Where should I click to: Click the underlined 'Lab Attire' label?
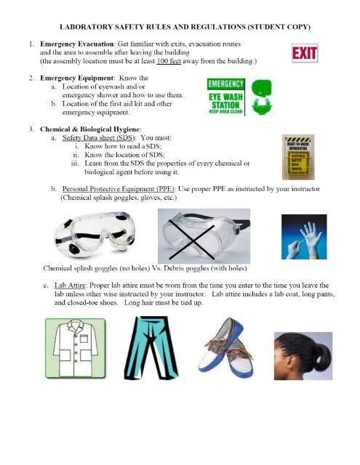tap(76, 286)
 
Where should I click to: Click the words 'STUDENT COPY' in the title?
tap(279, 27)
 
